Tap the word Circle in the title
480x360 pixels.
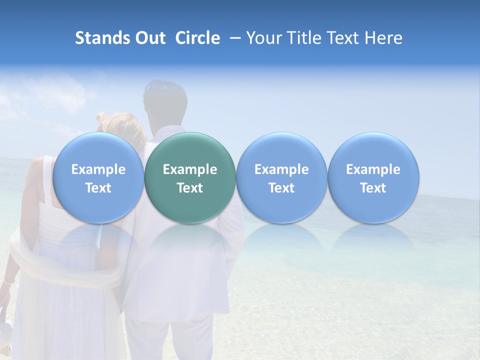pos(197,38)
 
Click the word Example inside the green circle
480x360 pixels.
pos(190,169)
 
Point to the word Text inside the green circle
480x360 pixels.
pos(190,188)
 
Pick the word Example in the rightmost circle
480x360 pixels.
pos(373,169)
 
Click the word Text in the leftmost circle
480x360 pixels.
pos(98,188)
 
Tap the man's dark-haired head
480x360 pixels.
pos(165,100)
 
